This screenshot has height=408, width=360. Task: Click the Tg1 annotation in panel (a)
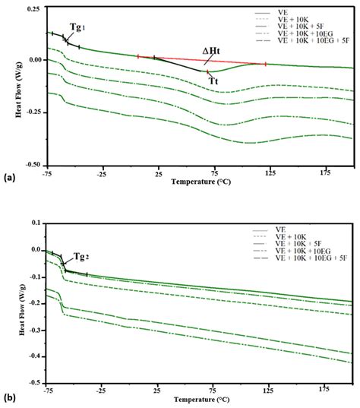[x=77, y=27]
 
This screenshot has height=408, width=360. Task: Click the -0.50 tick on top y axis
[x=30, y=164]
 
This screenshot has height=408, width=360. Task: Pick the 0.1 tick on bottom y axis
[x=35, y=223]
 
